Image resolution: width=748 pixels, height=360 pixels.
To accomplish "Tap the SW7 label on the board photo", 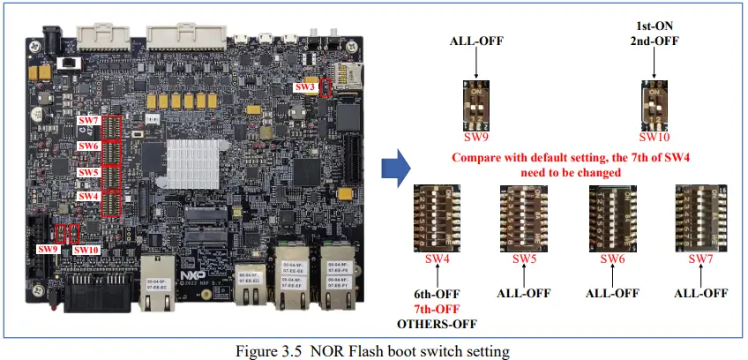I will [88, 120].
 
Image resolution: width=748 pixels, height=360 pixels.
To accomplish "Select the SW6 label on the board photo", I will [88, 146].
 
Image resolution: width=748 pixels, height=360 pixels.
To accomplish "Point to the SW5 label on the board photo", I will [88, 171].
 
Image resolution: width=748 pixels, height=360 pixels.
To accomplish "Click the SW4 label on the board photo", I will [88, 195].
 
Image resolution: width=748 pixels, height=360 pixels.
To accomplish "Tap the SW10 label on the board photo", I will [86, 249].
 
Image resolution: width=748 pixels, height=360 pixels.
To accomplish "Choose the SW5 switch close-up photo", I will [524, 217].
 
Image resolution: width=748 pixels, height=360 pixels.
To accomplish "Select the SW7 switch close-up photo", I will [699, 217].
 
